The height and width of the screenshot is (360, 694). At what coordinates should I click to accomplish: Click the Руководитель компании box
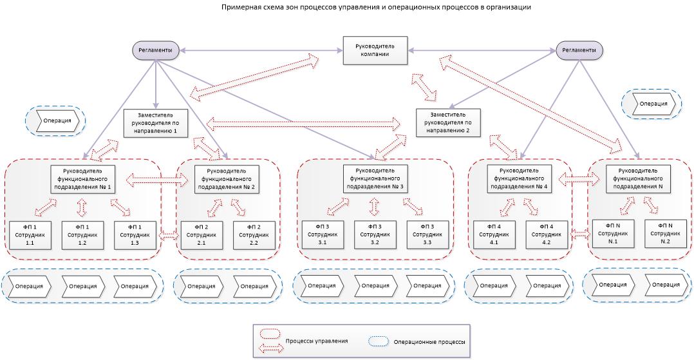point(375,50)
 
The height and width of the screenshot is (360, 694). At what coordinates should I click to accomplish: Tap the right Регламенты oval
point(576,50)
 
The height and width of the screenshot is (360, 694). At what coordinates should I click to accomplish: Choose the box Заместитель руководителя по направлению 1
point(155,122)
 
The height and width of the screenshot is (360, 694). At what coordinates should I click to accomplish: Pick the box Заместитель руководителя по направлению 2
point(448,122)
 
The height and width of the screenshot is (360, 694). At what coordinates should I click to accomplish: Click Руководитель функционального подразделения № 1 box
point(82,179)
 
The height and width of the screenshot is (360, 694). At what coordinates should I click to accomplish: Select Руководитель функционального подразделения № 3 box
point(375,178)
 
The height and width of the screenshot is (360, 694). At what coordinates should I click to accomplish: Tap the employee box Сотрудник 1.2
point(82,235)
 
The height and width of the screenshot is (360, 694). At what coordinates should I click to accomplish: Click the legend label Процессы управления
point(316,341)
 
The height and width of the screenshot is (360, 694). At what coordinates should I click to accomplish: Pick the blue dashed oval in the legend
point(378,341)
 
